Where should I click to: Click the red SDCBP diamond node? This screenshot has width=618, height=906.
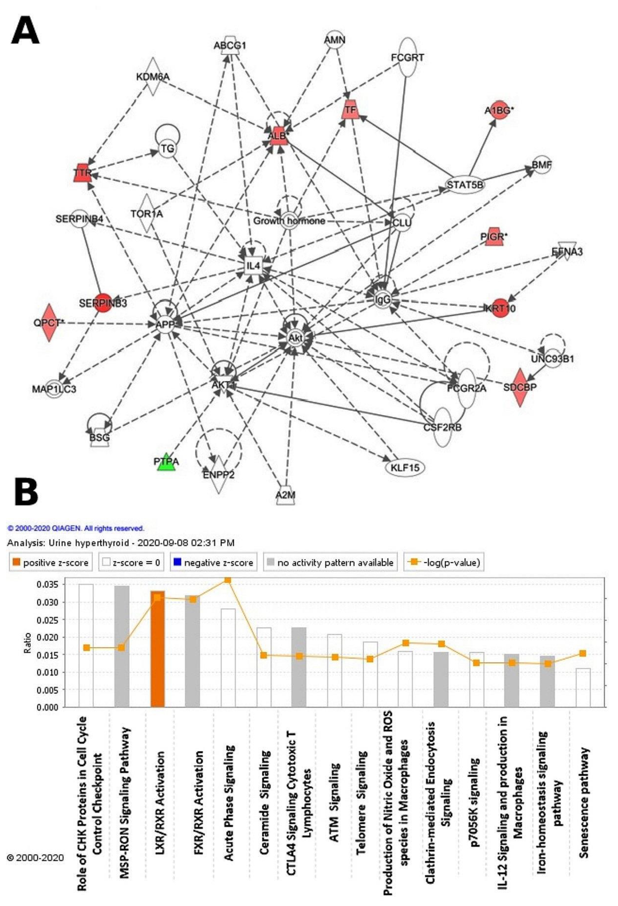[x=520, y=387]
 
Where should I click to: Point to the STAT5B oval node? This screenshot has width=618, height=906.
[x=465, y=184]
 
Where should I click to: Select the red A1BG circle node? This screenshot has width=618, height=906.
[x=499, y=111]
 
